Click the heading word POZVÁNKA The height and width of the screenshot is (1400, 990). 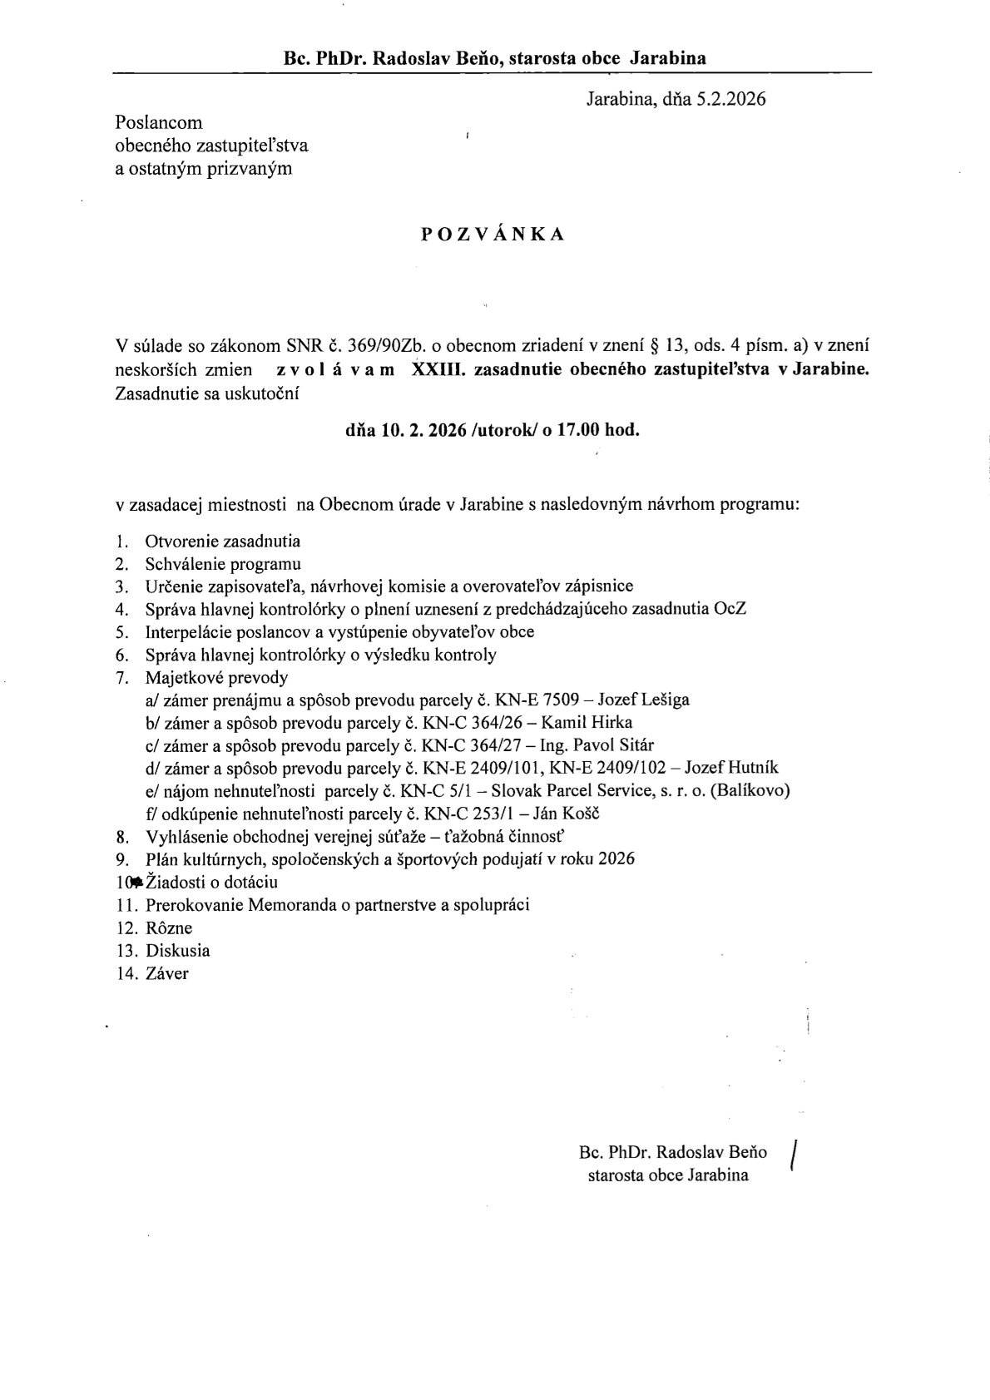(493, 235)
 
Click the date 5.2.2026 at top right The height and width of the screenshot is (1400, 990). (731, 100)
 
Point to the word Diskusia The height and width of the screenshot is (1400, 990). (178, 950)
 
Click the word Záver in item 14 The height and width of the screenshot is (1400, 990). (167, 973)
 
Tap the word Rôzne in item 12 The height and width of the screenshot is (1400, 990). (169, 928)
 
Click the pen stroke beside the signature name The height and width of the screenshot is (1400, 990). (797, 1155)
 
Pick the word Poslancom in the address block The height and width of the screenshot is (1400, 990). (159, 122)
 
